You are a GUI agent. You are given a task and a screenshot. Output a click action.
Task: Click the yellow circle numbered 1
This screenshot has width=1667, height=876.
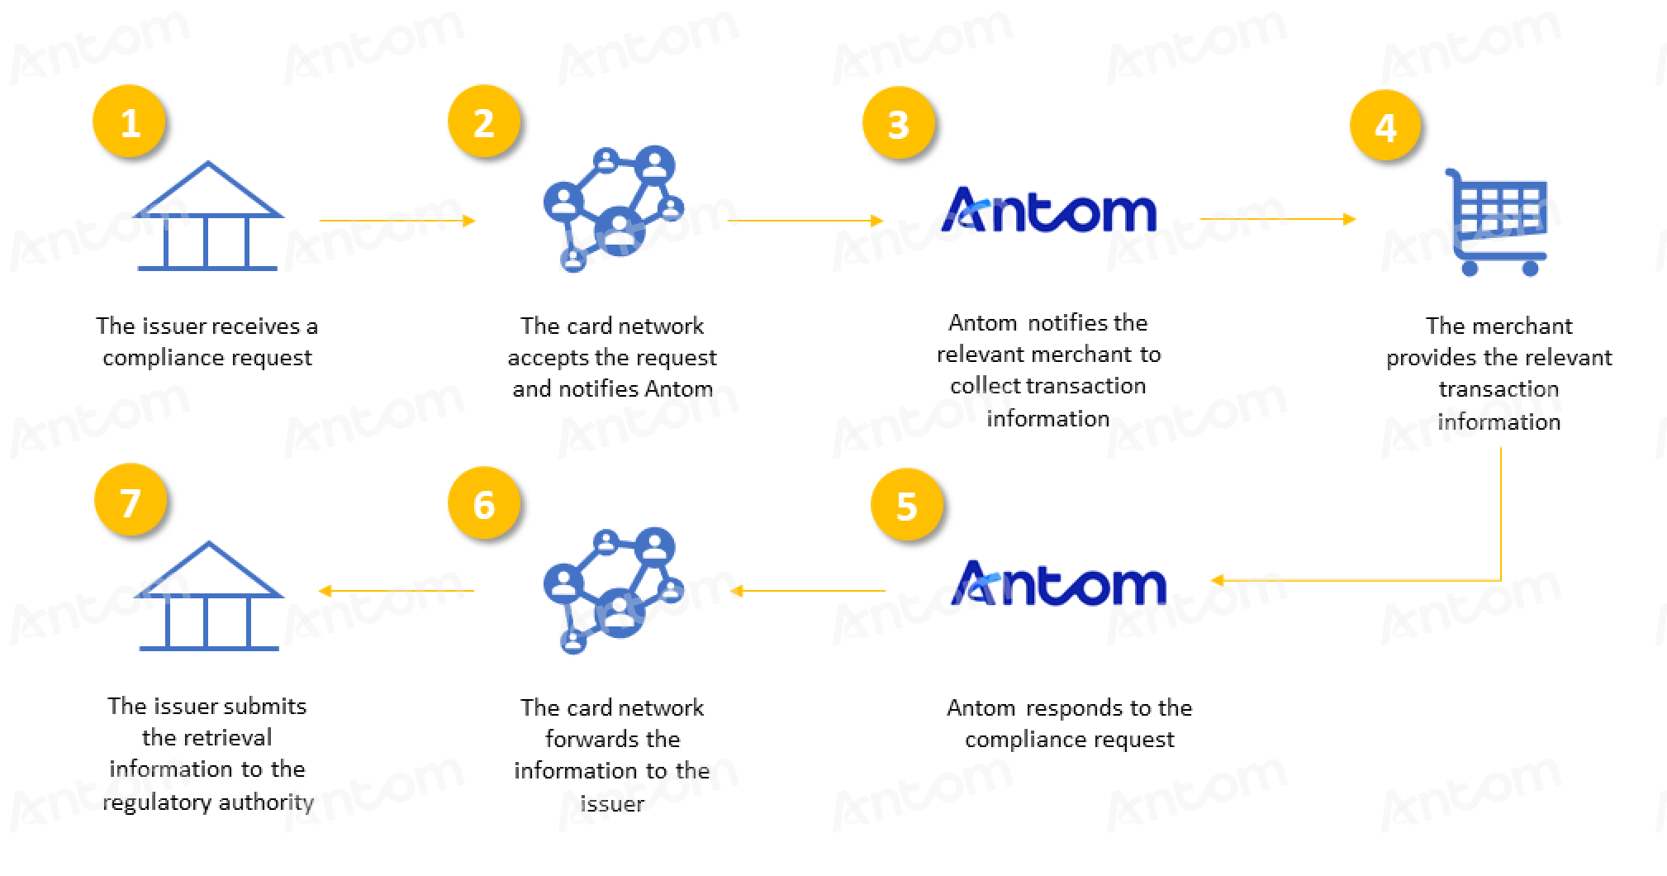pyautogui.click(x=130, y=123)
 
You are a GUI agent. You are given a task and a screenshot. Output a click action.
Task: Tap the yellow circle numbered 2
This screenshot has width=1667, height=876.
pyautogui.click(x=484, y=122)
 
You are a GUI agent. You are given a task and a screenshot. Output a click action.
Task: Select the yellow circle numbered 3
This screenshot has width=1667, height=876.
pyautogui.click(x=899, y=124)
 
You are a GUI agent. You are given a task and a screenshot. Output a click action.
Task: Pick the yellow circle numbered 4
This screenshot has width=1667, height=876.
pyautogui.click(x=1385, y=126)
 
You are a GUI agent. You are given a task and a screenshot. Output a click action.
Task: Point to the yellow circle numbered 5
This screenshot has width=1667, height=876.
pyautogui.click(x=907, y=506)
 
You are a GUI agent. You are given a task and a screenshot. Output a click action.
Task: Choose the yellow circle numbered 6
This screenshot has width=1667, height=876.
pyautogui.click(x=484, y=504)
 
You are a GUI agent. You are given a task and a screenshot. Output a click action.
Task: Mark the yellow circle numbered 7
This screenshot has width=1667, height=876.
pyautogui.click(x=131, y=502)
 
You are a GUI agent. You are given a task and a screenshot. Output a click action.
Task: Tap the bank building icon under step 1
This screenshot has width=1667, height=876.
pyautogui.click(x=208, y=216)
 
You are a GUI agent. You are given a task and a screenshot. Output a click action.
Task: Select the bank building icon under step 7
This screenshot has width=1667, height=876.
pyautogui.click(x=208, y=596)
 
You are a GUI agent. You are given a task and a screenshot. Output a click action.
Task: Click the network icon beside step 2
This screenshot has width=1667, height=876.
pyautogui.click(x=613, y=209)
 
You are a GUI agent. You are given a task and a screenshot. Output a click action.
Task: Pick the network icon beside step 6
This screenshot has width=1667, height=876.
pyautogui.click(x=613, y=590)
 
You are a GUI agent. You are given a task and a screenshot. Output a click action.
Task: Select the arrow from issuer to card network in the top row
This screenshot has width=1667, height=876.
pyautogui.click(x=397, y=221)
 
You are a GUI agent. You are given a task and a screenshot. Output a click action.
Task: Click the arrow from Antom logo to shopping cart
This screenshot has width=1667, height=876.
pyautogui.click(x=1278, y=219)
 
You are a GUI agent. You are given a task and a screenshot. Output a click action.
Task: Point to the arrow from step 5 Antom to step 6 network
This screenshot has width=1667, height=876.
pyautogui.click(x=808, y=591)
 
